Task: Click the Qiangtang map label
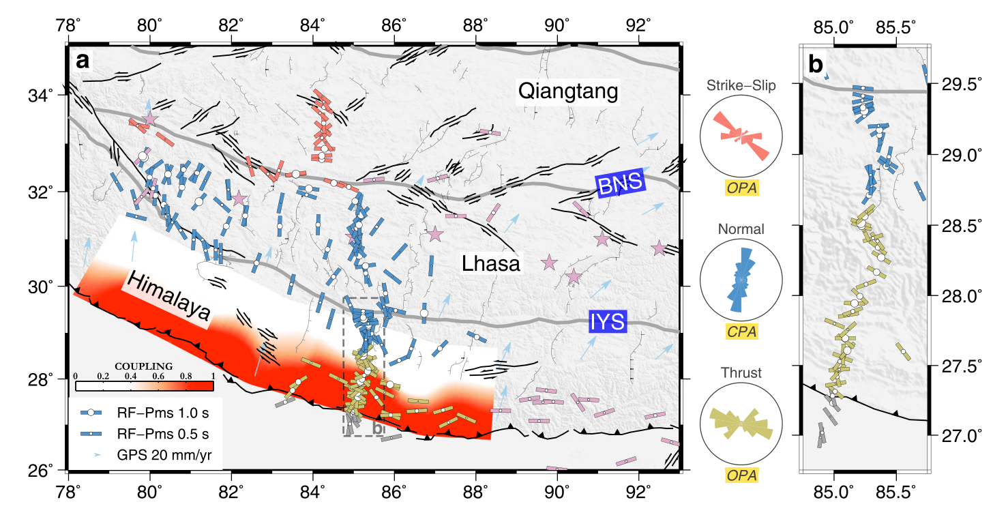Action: pyautogui.click(x=568, y=91)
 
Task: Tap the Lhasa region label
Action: pyautogui.click(x=491, y=264)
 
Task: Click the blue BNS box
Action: pyautogui.click(x=620, y=184)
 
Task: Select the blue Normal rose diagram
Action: pyautogui.click(x=741, y=280)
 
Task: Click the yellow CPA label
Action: pyautogui.click(x=741, y=332)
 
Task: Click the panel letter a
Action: pyautogui.click(x=83, y=61)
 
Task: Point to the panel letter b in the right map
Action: pyautogui.click(x=815, y=64)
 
